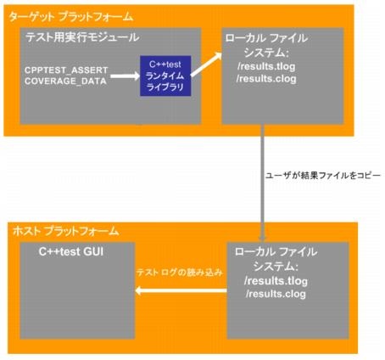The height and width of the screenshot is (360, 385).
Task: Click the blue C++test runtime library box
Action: pos(165,76)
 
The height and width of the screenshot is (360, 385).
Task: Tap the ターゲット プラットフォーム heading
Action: pos(70,17)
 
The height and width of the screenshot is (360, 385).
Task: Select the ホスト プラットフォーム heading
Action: pos(66,231)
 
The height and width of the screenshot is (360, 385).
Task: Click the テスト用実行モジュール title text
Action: pos(82,37)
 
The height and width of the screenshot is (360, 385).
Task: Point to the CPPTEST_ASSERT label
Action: pos(66,70)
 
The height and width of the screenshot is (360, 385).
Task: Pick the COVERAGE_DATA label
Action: pos(65,82)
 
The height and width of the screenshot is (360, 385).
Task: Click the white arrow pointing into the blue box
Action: pos(125,76)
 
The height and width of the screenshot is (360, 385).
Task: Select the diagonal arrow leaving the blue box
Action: pos(206,65)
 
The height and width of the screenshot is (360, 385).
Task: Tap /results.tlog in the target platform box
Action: pos(266,67)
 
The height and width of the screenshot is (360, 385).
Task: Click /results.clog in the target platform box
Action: pos(266,79)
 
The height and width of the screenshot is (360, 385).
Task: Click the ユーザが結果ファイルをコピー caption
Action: pos(323,176)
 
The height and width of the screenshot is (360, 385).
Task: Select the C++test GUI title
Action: pos(71,251)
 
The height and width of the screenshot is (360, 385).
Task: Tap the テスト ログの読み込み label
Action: pos(180,273)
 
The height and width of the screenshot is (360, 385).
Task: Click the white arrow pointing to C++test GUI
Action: pos(181,290)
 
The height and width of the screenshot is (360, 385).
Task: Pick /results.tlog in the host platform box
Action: pos(276,281)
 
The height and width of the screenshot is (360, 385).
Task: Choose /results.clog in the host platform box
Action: pos(276,294)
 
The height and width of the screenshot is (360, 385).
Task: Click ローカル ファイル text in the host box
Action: pos(276,251)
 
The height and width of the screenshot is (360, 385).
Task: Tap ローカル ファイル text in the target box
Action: pos(266,38)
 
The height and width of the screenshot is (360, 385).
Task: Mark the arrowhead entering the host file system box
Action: pos(262,237)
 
